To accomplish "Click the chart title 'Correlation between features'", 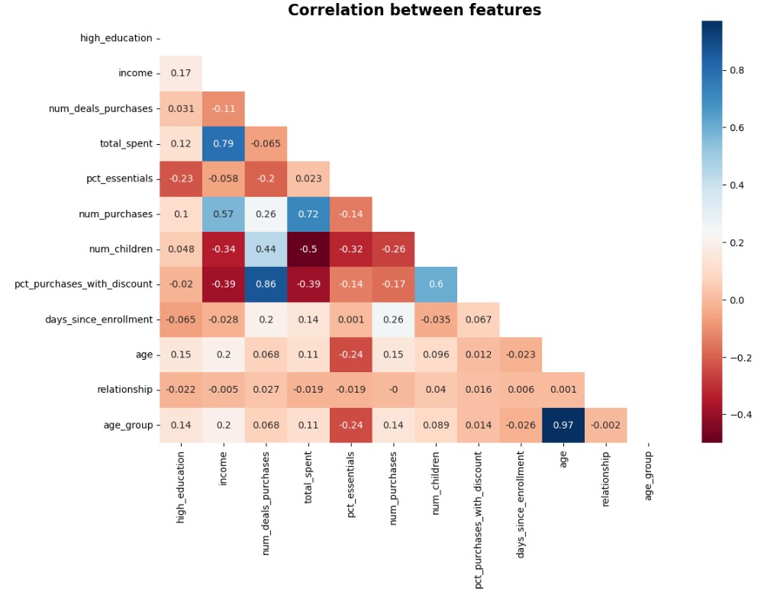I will point(414,10).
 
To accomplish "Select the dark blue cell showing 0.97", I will point(563,425).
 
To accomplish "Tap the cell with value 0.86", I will point(266,284).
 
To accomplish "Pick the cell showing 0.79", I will point(223,143).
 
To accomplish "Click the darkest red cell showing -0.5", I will point(308,249).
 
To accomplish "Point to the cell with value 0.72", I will point(308,214).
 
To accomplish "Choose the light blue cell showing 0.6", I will point(436,284).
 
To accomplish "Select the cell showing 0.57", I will point(223,214).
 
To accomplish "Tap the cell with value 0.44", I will point(266,249).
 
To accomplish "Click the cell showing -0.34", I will point(223,249).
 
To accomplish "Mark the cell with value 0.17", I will point(181,73).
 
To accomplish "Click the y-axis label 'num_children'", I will point(121,249).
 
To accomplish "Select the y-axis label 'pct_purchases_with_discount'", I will point(83,284).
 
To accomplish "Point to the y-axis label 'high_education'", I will point(116,38).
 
